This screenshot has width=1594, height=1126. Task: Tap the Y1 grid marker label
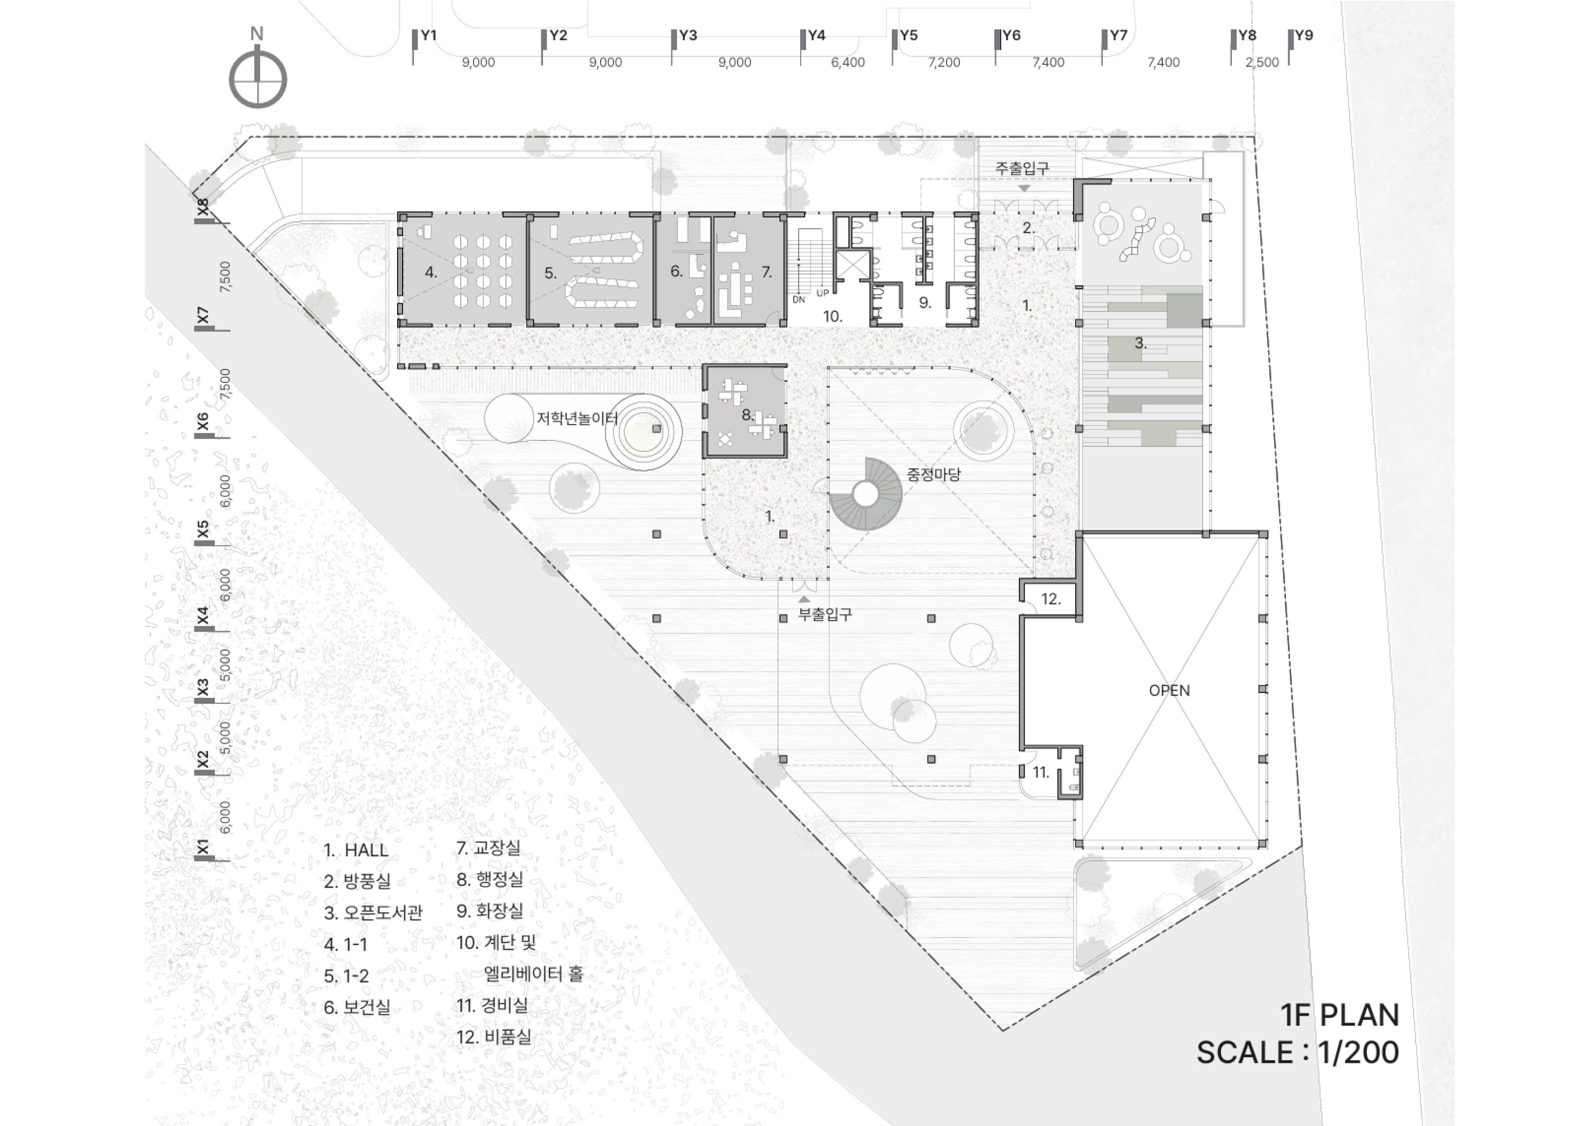point(428,35)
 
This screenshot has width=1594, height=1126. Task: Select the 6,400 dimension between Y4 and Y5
point(848,63)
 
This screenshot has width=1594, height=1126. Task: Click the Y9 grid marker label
point(1304,35)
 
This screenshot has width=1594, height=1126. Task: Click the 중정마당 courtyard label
point(934,474)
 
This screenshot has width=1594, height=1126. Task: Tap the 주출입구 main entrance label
point(1022,168)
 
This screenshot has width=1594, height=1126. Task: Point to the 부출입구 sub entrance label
point(825,614)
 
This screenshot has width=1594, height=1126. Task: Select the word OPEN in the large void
point(1169,690)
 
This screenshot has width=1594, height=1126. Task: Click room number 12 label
point(1051,599)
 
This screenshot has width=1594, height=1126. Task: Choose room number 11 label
point(1040,772)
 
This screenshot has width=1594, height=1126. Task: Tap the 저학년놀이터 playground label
point(577,418)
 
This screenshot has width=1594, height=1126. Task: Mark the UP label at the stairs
point(822,293)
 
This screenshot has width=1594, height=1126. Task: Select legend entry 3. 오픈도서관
point(373,912)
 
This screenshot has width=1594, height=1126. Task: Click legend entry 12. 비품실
point(493,1037)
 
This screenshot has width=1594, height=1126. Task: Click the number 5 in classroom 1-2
point(550,273)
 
